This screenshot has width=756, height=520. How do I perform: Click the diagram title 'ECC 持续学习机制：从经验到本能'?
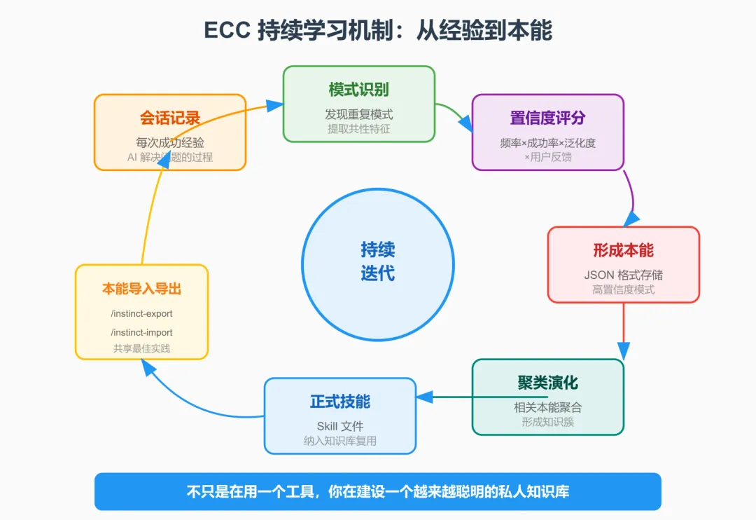coord(378,31)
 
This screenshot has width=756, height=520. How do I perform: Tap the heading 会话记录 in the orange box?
coord(170,117)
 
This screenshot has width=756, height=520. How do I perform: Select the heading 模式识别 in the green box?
coord(358,89)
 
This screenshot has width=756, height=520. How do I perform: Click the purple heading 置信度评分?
coord(547,117)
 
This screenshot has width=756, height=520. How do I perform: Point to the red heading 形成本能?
coord(623,250)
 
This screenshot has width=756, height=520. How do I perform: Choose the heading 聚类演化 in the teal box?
coord(547,383)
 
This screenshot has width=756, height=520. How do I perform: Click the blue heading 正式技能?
coord(340,402)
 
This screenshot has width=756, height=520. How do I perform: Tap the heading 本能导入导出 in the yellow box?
coord(141,289)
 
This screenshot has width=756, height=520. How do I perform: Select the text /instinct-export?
coord(141,313)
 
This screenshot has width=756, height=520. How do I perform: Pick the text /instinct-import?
coord(141,332)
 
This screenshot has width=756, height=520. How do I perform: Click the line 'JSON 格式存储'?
coord(623,274)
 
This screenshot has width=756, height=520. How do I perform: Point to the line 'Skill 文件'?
coord(340,426)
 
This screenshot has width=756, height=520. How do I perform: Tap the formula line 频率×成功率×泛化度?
coord(547,143)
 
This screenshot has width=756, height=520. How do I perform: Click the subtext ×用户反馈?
coord(547,157)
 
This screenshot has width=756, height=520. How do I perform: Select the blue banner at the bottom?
coord(378,491)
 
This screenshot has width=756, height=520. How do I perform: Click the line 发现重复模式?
coord(358,114)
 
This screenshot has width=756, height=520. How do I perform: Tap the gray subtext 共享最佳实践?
coord(141,348)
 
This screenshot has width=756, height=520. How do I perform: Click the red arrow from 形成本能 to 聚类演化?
coord(623,329)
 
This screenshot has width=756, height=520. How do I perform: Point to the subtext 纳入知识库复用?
coord(340,441)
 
